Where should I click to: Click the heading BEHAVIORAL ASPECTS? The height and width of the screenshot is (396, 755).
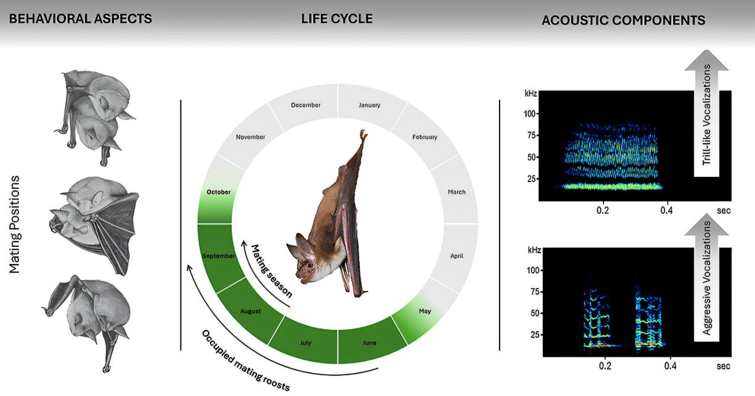pos(81,19)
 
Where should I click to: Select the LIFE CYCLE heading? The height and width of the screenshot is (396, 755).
pos(337,19)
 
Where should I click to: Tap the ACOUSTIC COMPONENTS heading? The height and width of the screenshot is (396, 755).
pos(623,20)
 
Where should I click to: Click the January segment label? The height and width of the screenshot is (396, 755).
pos(370,105)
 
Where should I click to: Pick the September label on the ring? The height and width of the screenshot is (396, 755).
pos(219,256)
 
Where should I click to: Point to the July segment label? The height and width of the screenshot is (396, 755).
pos(306,342)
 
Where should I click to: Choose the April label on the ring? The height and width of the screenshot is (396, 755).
pos(457,256)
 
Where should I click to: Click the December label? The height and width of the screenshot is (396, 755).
pos(306,105)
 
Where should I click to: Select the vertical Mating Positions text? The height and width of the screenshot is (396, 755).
pos(15,224)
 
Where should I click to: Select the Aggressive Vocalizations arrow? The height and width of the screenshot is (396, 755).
pos(707,277)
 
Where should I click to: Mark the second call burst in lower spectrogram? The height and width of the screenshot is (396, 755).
pos(649,318)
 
